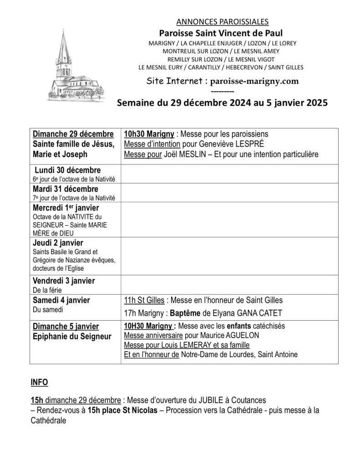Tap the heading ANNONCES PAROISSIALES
222,21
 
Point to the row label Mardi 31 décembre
66,189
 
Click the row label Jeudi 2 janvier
58,243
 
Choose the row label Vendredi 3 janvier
64,281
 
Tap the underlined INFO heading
39,382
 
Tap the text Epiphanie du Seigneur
72,336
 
